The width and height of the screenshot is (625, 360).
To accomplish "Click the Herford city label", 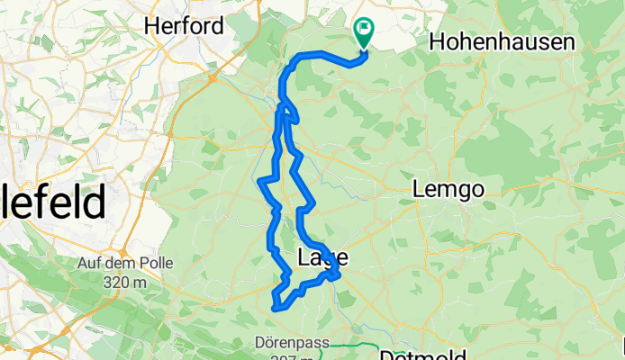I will coord(184,26).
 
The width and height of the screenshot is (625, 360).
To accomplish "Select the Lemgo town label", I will coord(448,190).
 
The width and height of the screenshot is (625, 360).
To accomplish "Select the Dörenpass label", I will coord(294,343).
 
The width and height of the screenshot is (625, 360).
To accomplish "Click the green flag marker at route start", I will coord(364,31).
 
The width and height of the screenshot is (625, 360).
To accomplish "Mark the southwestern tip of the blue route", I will coord(273,309).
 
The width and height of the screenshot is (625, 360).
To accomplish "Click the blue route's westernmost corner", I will coord(260,181).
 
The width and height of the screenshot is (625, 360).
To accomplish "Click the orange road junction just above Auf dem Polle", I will coord(118,236).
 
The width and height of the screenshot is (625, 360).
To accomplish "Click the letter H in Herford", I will coord(151,26).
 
